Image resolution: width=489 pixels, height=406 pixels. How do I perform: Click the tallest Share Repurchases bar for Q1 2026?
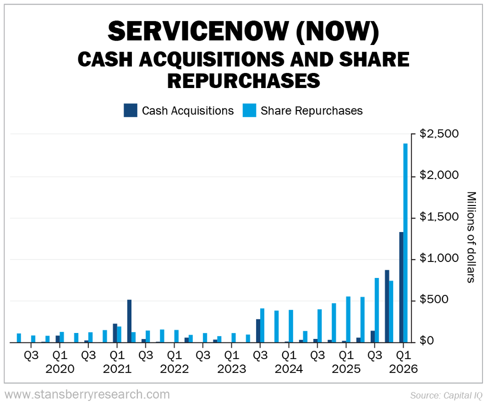click(406, 243)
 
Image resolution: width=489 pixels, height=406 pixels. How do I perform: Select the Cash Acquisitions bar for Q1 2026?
click(401, 287)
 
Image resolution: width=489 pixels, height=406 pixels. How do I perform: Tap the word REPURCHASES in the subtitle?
click(244, 80)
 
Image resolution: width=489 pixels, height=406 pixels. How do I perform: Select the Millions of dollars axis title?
click(471, 237)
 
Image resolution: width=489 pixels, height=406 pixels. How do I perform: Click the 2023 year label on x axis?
click(231, 369)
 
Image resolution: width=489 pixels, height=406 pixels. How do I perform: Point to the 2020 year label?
click(59, 369)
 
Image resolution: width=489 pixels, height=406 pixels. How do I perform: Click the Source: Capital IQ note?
click(446, 395)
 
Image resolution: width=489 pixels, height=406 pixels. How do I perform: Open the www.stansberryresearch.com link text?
click(87, 394)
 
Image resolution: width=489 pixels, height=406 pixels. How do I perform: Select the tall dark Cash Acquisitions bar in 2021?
click(129, 321)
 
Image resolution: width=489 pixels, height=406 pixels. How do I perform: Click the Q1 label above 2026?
click(403, 356)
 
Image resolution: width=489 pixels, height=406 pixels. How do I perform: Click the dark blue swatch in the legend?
click(130, 110)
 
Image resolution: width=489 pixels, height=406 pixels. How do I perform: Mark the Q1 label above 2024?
click(288, 356)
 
